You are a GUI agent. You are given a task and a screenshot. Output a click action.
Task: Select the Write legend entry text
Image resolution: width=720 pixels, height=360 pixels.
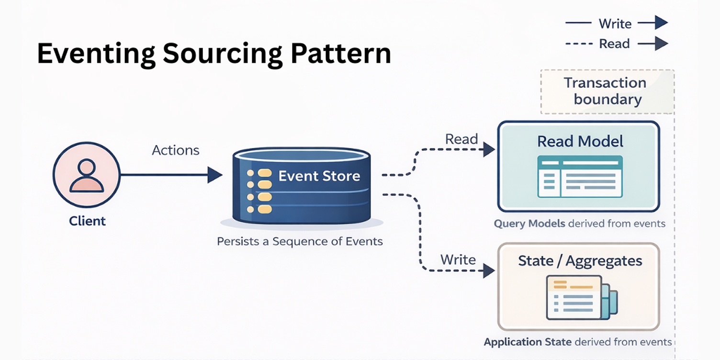coord(615,24)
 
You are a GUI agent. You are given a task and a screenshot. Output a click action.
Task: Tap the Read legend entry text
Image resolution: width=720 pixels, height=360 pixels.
coord(614,44)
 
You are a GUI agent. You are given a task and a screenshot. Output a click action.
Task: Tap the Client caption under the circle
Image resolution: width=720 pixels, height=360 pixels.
coord(87,221)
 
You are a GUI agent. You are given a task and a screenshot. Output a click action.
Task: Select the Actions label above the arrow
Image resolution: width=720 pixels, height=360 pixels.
coord(175,150)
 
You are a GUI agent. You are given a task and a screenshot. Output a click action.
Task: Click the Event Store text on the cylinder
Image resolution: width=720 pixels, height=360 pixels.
coord(319,176)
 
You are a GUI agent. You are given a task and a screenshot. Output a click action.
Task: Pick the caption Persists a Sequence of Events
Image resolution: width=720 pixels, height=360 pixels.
coord(300,241)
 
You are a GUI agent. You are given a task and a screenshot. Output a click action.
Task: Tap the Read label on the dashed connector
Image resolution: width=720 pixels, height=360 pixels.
coord(461,139)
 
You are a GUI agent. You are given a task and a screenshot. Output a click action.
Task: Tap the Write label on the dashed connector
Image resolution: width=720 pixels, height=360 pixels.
coord(458,260)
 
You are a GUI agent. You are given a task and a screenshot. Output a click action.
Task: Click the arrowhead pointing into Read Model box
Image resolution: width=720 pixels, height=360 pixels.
coord(488,149)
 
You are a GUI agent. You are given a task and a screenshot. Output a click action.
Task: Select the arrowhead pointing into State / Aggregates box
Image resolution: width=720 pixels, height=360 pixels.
coord(488,270)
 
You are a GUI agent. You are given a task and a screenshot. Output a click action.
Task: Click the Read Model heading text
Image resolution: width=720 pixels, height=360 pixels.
coord(580,141)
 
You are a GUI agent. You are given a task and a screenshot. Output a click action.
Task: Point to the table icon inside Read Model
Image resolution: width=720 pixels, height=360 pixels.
coord(580,176)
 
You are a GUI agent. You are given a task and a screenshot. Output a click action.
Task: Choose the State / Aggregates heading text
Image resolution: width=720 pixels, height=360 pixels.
coord(580,261)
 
